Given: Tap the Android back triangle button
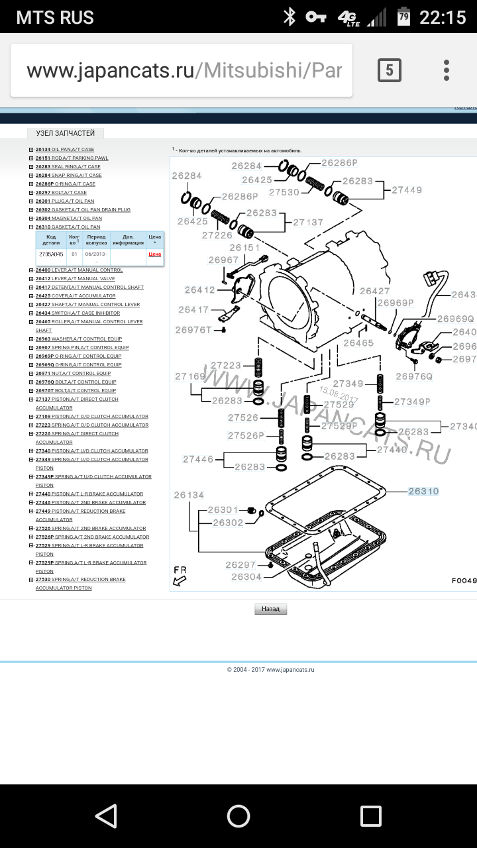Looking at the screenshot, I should (107, 816).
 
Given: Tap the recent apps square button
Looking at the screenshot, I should (370, 816).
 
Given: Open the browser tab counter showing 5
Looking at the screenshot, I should (389, 70).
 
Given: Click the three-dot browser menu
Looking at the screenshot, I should (447, 70).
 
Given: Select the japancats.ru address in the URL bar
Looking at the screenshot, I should (184, 71).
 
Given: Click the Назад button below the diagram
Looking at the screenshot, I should (270, 609).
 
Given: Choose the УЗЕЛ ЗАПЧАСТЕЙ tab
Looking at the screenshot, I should (66, 133).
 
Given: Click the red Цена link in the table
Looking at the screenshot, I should (154, 254).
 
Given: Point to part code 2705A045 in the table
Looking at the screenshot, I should (51, 254).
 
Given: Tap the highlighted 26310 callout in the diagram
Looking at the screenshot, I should (423, 492).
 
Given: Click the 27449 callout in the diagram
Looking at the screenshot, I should (406, 189).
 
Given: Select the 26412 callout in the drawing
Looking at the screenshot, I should (199, 290).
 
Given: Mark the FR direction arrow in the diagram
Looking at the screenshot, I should (180, 576).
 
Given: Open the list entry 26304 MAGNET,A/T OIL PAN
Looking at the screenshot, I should (68, 218).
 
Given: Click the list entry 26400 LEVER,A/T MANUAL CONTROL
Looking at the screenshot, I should (79, 270).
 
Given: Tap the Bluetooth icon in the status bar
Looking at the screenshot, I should (289, 17).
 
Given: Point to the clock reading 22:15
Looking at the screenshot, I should (443, 17).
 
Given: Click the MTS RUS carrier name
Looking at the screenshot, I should (55, 17).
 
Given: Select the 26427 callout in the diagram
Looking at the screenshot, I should (374, 291).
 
